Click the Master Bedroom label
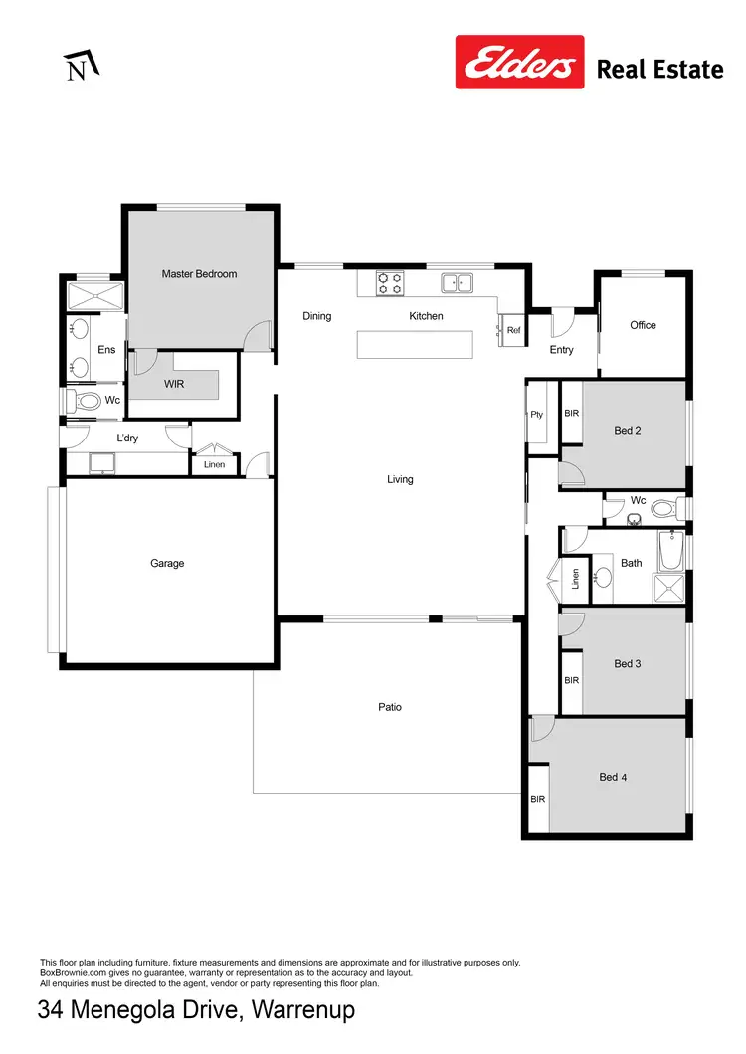tap(199, 273)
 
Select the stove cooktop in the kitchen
tap(389, 283)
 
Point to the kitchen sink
tap(458, 283)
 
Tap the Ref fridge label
tap(513, 330)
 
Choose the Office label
tap(643, 325)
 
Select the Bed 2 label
tap(627, 431)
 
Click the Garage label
tap(167, 563)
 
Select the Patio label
tap(390, 707)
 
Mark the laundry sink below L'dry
tap(100, 462)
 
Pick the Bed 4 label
tap(614, 777)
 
